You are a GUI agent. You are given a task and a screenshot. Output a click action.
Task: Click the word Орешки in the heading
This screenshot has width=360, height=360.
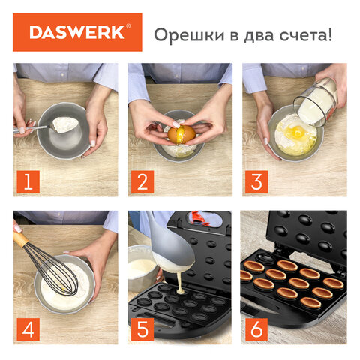click(183, 34)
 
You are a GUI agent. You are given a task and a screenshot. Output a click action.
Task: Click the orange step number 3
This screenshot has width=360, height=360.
click(258, 181)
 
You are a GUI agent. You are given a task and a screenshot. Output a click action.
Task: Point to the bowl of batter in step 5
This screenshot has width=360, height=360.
click(143, 268)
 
